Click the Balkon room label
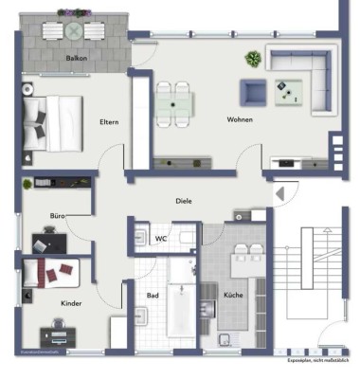click(x=78, y=58)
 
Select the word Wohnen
click(x=239, y=120)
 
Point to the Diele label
click(x=185, y=201)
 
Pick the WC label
click(x=162, y=239)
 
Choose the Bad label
click(x=152, y=295)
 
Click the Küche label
click(x=233, y=295)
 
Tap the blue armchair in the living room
click(x=253, y=92)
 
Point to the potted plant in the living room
click(x=252, y=60)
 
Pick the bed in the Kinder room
click(x=57, y=275)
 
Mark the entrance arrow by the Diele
click(x=280, y=193)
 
